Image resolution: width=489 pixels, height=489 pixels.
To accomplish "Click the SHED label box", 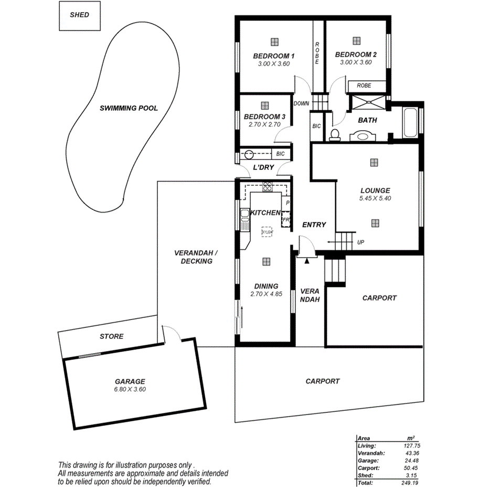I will click(79, 15).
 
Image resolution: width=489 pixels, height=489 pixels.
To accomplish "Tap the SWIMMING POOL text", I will click(129, 109).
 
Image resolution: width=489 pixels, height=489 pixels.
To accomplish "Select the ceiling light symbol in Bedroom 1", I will click(274, 41).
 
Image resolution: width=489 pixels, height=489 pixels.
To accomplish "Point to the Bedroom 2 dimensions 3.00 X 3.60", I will click(356, 62).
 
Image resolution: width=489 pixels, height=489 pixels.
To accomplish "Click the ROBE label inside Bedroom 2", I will click(364, 85).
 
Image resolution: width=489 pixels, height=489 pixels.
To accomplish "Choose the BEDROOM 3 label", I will click(264, 116).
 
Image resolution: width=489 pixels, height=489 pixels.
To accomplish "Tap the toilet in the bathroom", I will click(334, 135).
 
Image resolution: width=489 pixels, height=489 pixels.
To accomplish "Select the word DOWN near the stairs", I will click(301, 103).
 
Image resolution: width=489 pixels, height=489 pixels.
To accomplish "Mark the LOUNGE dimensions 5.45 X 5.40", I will click(375, 198).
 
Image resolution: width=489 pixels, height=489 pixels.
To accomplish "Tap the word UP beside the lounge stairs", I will click(360, 242).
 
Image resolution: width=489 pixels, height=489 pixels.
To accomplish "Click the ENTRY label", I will click(314, 225).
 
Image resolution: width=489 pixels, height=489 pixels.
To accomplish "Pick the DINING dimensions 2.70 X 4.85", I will click(266, 294).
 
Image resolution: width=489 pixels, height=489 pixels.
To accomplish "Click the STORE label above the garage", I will click(111, 336).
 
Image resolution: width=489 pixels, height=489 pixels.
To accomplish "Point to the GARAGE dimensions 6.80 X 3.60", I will click(130, 389).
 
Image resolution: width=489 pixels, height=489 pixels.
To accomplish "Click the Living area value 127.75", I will click(410, 445).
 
